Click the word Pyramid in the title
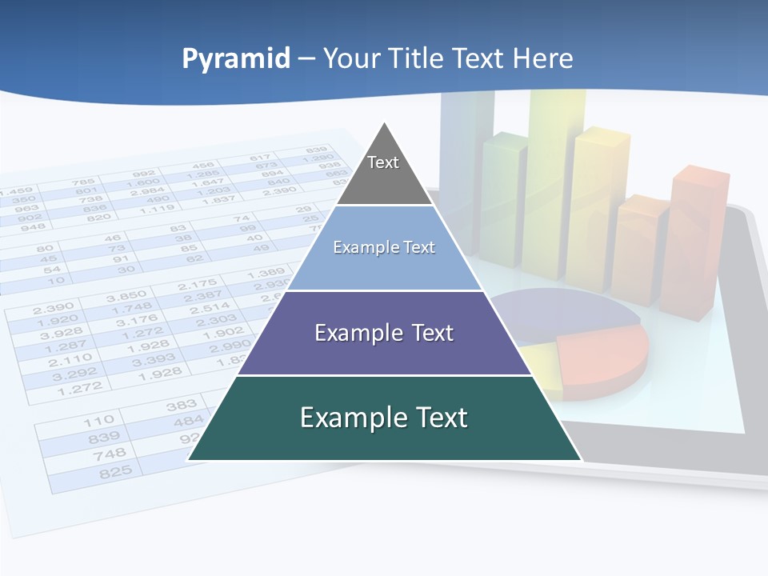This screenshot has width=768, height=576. [x=236, y=59]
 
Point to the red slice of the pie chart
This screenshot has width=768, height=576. [x=604, y=356]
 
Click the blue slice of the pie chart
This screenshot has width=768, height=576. [x=560, y=312]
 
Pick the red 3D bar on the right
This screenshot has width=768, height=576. [x=698, y=240]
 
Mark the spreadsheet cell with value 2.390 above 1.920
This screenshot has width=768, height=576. [x=53, y=307]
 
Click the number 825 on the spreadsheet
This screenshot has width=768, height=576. [x=114, y=473]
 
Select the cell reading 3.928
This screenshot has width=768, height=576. [x=62, y=334]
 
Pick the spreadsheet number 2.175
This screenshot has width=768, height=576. [x=198, y=285]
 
